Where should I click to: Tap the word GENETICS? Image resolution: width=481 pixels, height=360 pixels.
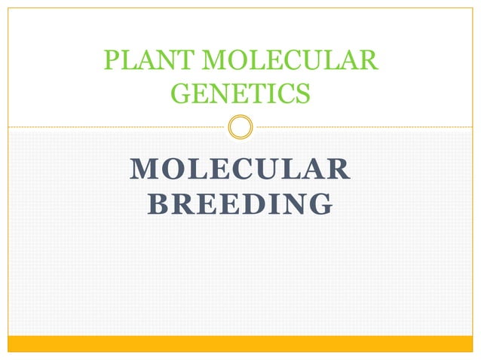pyautogui.click(x=240, y=93)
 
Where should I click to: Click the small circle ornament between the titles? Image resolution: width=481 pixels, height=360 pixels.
pyautogui.click(x=240, y=127)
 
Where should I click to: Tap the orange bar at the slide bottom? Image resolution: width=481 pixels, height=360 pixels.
pyautogui.click(x=240, y=343)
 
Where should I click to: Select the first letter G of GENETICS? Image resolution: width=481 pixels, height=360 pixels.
pyautogui.click(x=181, y=93)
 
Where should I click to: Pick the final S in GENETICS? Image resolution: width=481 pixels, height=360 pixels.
pyautogui.click(x=302, y=93)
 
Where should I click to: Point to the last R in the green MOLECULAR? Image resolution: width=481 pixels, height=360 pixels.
pyautogui.click(x=367, y=60)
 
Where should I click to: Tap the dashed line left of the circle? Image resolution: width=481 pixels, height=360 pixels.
pyautogui.click(x=113, y=127)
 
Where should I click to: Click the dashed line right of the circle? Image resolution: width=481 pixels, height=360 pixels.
pyautogui.click(x=362, y=127)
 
